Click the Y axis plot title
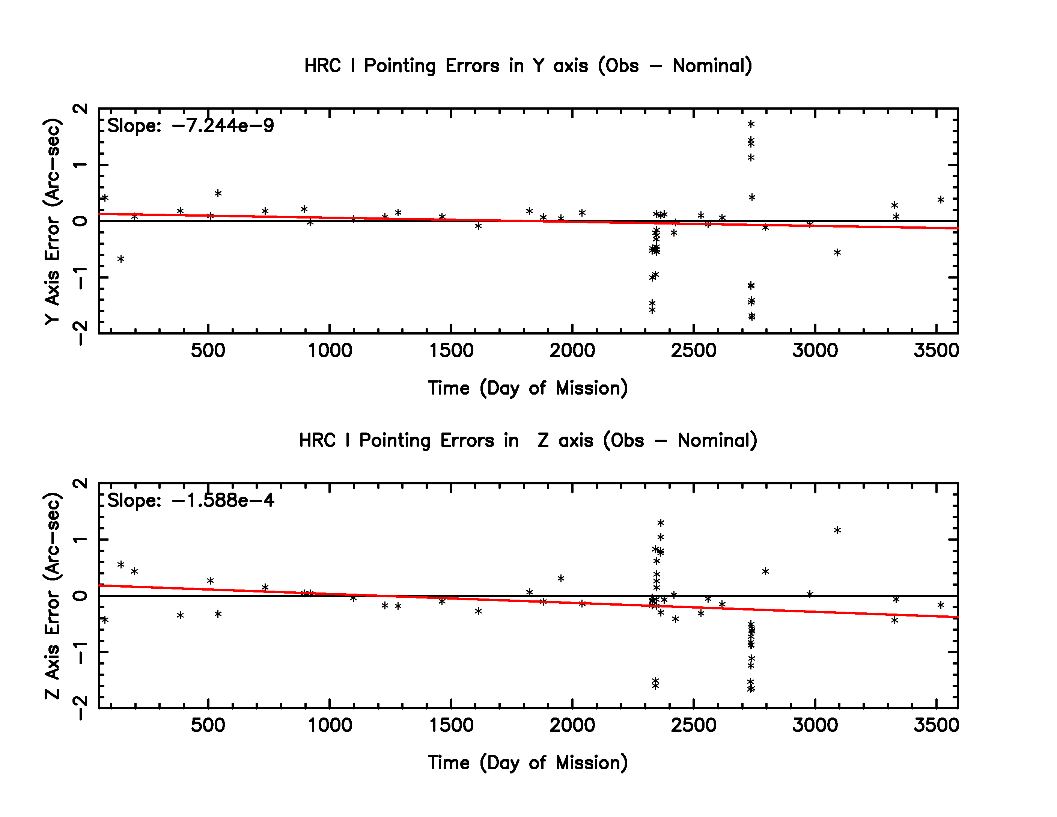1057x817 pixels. (x=528, y=66)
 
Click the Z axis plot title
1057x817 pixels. (x=528, y=440)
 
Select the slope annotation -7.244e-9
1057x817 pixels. (x=190, y=126)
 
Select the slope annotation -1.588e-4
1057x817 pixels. (x=190, y=500)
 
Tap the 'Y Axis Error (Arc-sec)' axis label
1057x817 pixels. (x=52, y=221)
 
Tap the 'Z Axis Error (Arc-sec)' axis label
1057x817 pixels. (x=52, y=596)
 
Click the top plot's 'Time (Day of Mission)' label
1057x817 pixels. (x=528, y=388)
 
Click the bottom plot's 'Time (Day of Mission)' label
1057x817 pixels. (x=528, y=763)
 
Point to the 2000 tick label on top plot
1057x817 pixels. (x=572, y=350)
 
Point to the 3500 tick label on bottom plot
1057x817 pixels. (x=936, y=725)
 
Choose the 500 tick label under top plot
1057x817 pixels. (x=208, y=350)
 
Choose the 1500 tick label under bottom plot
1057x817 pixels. (x=451, y=725)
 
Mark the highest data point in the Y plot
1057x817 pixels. (x=751, y=124)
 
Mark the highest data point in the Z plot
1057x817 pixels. (x=661, y=523)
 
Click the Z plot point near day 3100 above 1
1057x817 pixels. (x=837, y=530)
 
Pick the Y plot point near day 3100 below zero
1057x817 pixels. (x=837, y=252)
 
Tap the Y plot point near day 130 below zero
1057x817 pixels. (x=121, y=259)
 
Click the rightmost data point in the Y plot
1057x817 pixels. (x=940, y=199)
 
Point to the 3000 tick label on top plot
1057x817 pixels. (x=815, y=350)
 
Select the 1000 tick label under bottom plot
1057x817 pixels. (x=330, y=725)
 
